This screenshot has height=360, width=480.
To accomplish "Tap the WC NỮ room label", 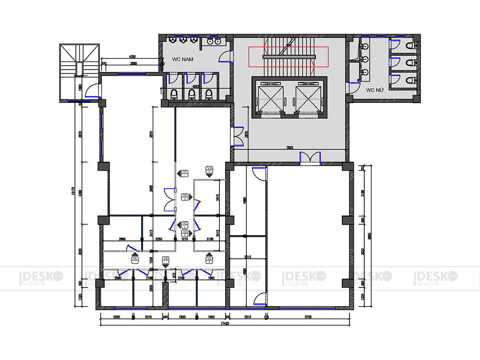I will [375, 90].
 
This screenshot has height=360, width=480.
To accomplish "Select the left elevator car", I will [270, 97].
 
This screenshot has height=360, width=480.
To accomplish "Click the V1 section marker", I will [184, 174].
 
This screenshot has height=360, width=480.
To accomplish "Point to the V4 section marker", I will [135, 260].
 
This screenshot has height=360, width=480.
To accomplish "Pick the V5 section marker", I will [166, 260].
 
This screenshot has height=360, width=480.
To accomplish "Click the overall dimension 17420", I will [225, 324].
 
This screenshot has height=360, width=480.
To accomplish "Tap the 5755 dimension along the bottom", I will [310, 317].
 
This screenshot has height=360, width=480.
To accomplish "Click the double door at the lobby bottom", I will [310, 158].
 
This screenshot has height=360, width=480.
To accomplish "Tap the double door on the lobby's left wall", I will [237, 135].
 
